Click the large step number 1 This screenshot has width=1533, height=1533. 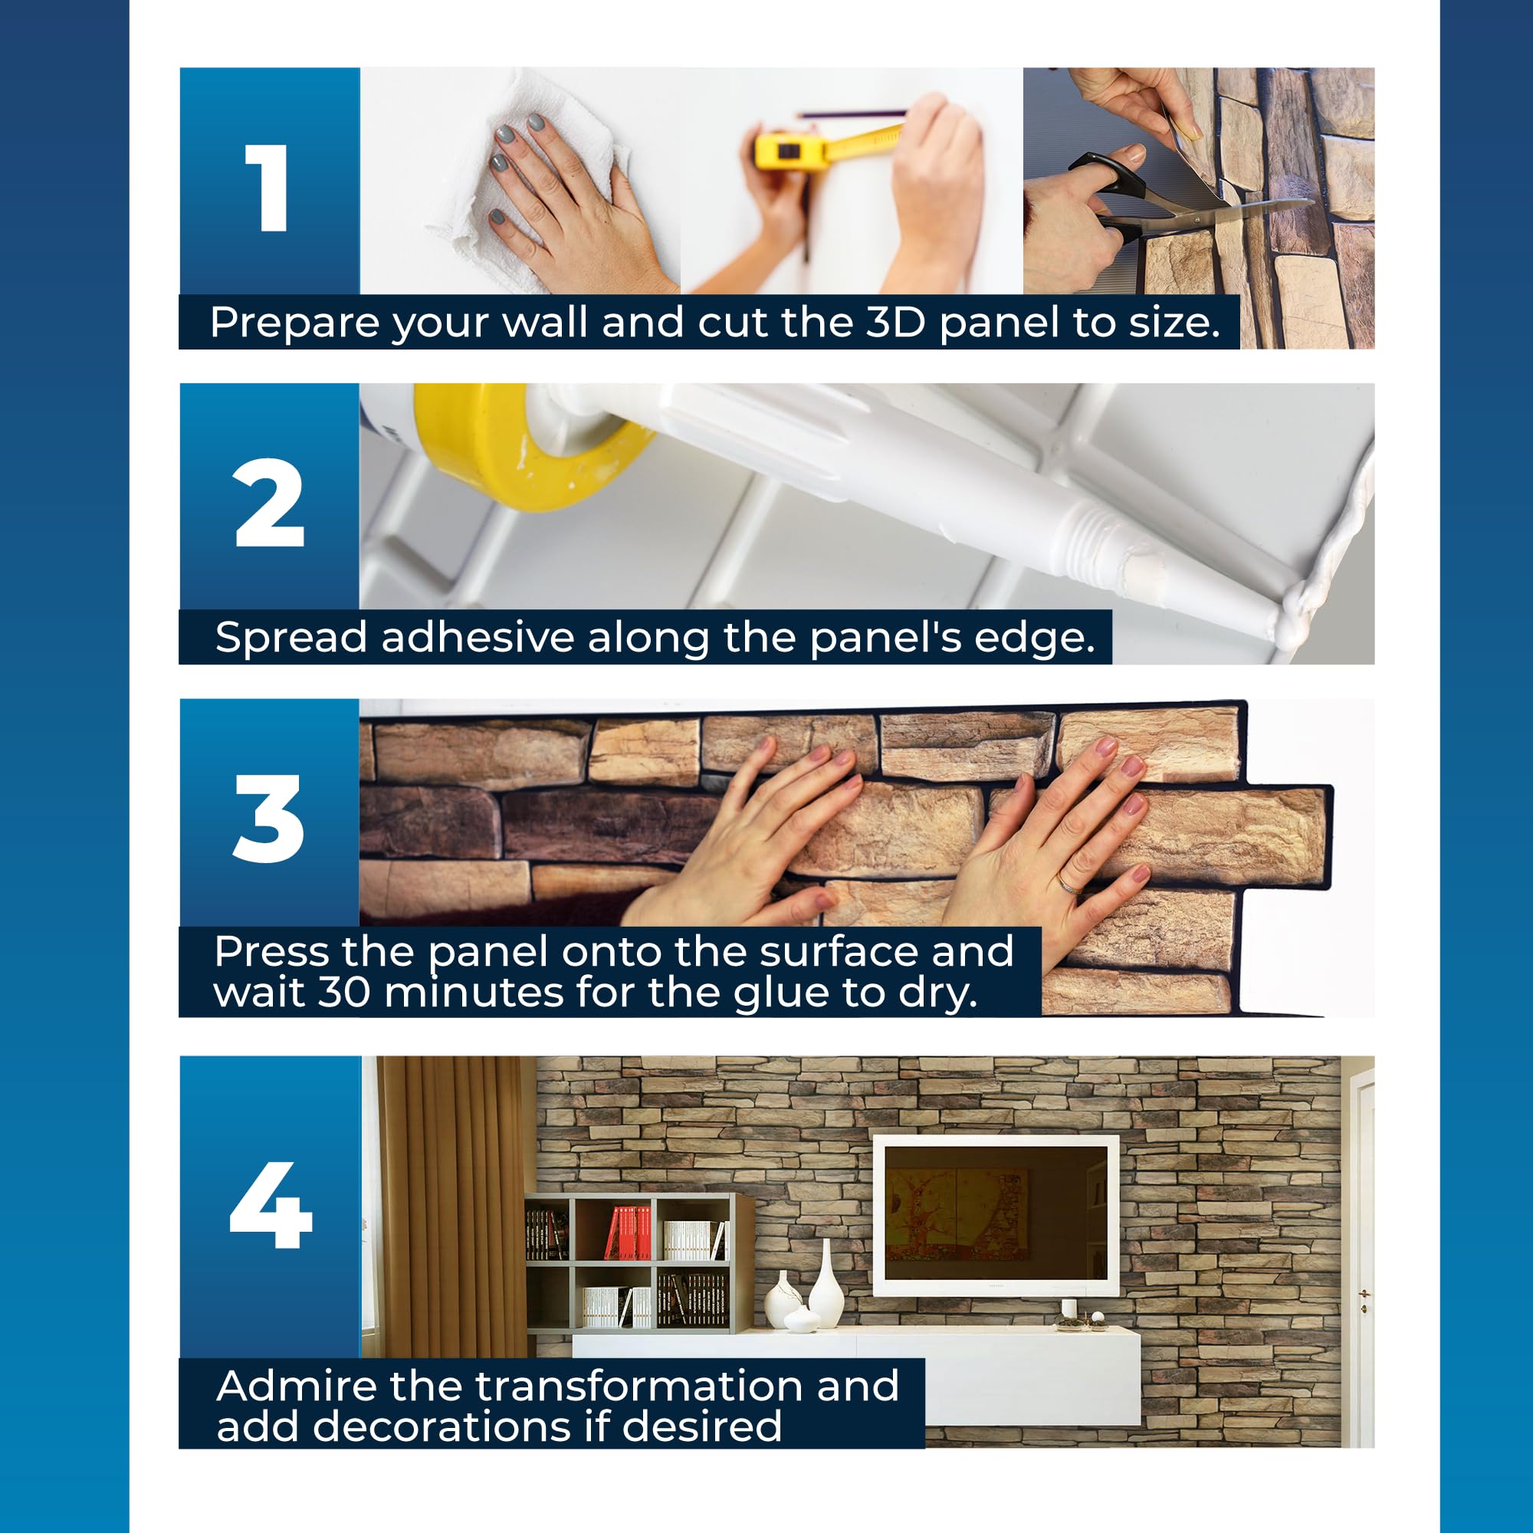268,188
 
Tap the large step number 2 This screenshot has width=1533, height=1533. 270,503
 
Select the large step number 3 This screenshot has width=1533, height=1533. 268,819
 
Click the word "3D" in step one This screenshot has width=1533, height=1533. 896,321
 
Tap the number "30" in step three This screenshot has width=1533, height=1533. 343,993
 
